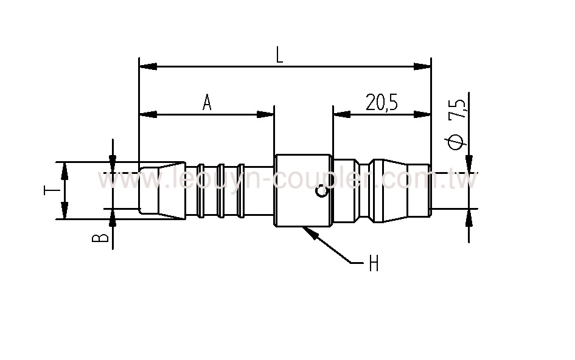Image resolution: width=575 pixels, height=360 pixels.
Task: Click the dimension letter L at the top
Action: pyautogui.click(x=279, y=55)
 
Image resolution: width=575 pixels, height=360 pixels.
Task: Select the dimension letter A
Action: pyautogui.click(x=207, y=103)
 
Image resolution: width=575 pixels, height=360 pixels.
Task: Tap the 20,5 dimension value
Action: pyautogui.click(x=382, y=103)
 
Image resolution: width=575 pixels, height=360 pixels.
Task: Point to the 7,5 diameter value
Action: pyautogui.click(x=458, y=108)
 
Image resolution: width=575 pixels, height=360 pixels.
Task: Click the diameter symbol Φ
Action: pyautogui.click(x=458, y=141)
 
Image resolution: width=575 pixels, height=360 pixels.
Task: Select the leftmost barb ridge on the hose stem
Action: pyautogui.click(x=201, y=190)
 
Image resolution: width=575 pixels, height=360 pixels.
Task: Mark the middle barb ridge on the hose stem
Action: pyautogui.click(x=221, y=190)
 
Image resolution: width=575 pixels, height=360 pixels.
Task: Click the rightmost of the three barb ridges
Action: pyautogui.click(x=241, y=190)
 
